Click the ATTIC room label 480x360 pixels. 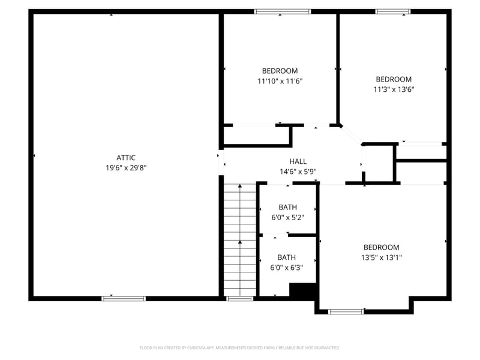126,158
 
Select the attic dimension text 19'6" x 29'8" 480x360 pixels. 126,168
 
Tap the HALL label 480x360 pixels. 298,161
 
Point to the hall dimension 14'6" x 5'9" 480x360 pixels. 298,172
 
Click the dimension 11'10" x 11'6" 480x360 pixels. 280,81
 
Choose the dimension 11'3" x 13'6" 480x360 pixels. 394,89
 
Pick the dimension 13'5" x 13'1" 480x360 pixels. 381,257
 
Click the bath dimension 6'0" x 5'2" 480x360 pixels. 287,218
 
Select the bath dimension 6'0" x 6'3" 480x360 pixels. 286,268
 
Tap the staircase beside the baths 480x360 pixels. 240,240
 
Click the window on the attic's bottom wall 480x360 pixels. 124,298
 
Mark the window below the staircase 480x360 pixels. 240,298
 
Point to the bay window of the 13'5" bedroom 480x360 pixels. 346,311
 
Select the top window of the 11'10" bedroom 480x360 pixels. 283,11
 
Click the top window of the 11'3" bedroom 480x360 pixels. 393,11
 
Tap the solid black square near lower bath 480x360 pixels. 302,290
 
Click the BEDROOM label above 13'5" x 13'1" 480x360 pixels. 381,247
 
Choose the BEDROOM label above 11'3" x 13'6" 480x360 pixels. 394,79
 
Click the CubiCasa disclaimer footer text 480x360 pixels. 240,347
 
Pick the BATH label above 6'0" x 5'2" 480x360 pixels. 287,208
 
